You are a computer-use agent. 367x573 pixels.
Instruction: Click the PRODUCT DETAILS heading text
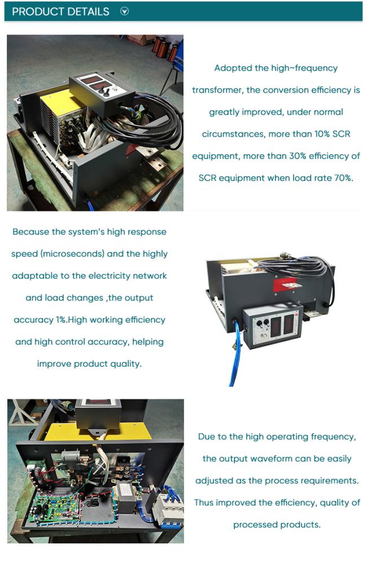pyautogui.click(x=61, y=12)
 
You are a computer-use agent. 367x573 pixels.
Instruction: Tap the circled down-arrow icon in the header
pyautogui.click(x=124, y=11)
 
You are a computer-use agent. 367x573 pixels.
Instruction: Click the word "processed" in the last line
pyautogui.click(x=252, y=524)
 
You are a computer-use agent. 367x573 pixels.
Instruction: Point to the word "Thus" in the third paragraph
pyautogui.click(x=204, y=503)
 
